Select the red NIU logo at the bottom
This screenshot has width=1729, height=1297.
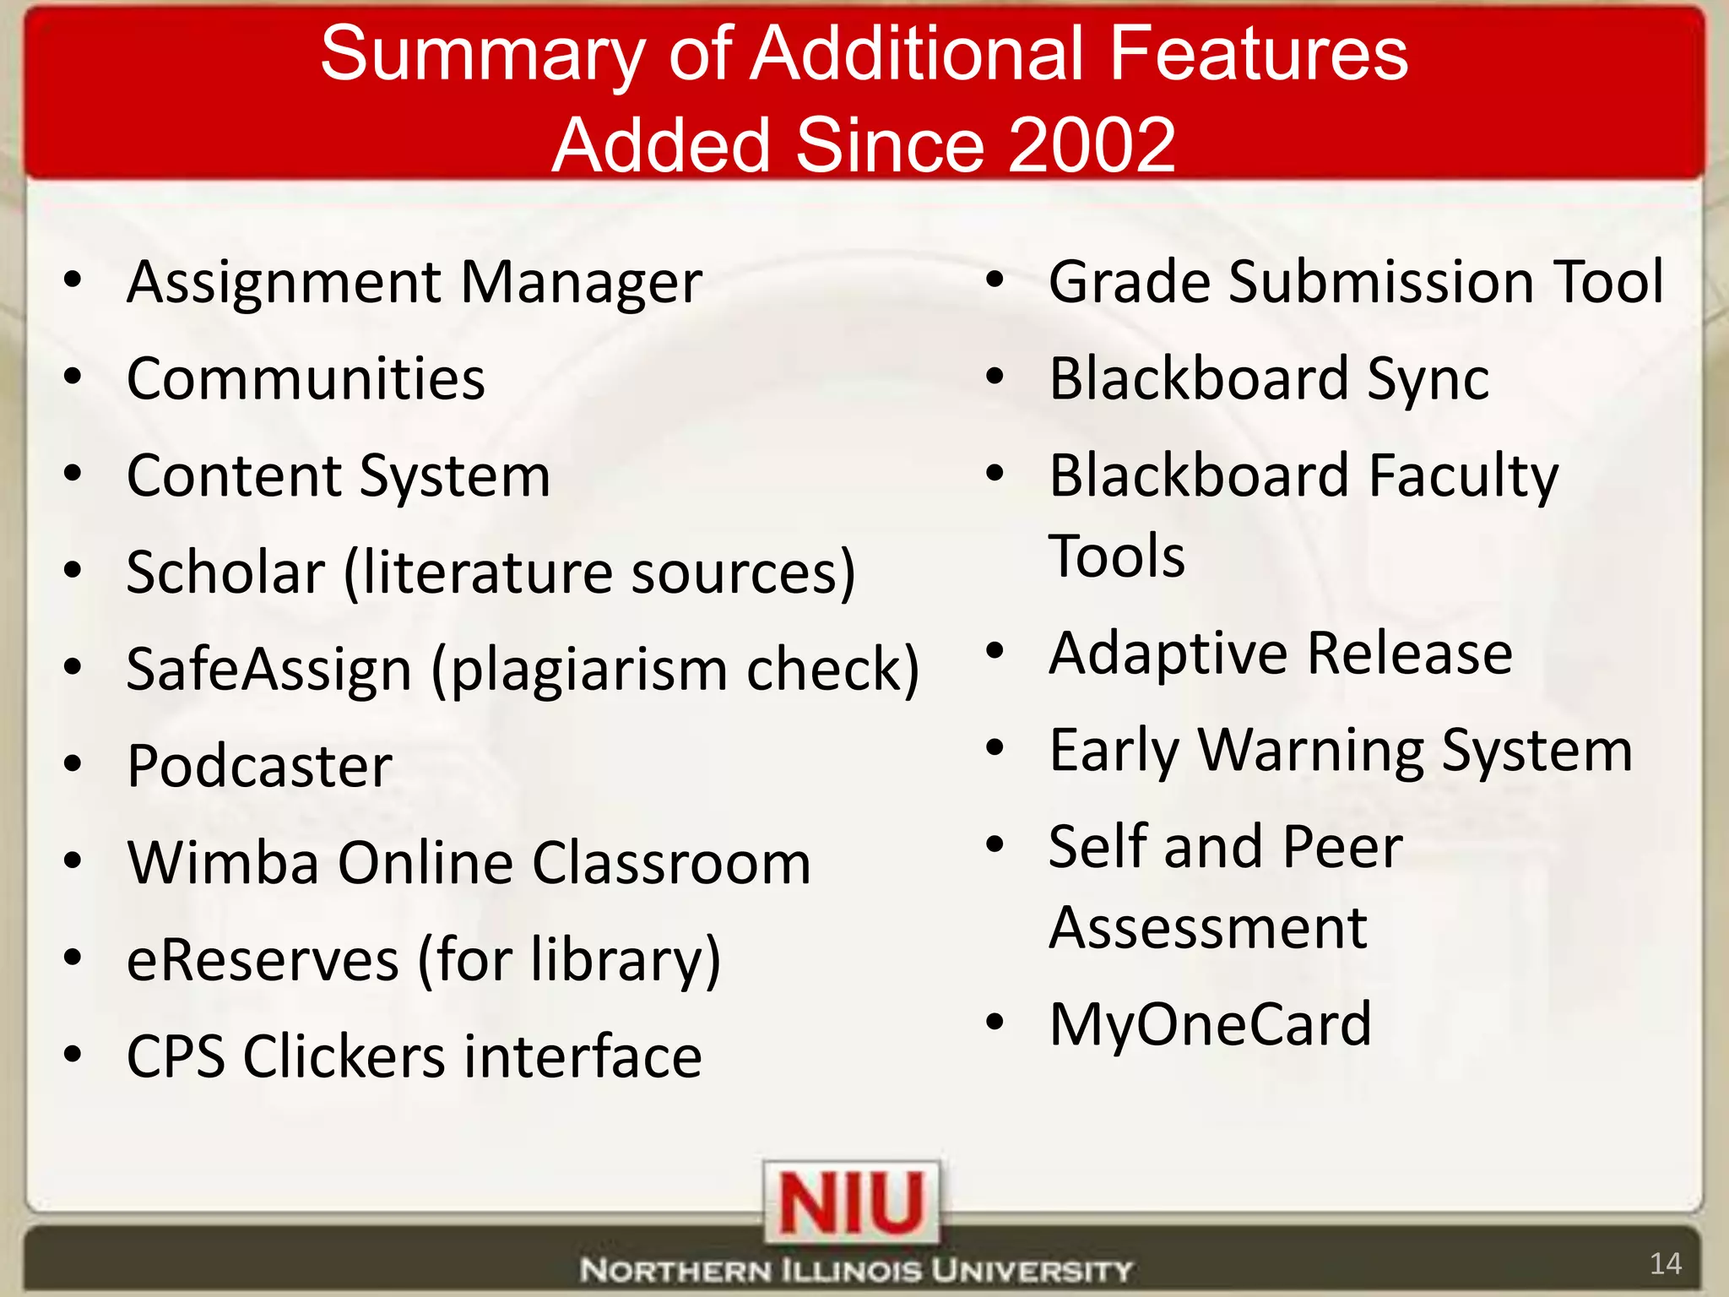[x=851, y=1202]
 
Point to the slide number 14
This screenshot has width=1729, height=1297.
[x=1665, y=1264]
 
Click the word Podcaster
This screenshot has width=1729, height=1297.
[x=259, y=767]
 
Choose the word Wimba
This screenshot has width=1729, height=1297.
[x=223, y=863]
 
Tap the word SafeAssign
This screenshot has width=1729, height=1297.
[x=268, y=670]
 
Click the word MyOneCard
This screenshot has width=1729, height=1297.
[x=1210, y=1024]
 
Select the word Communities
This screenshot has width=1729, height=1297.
[x=306, y=378]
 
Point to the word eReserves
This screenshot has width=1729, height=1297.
[x=262, y=961]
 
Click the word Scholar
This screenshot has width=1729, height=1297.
[x=225, y=573]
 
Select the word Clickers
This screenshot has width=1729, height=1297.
[x=344, y=1057]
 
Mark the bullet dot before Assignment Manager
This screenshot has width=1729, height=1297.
[x=73, y=279]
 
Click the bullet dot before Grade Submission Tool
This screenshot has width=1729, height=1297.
[x=995, y=279]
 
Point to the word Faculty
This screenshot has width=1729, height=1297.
[x=1463, y=477]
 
